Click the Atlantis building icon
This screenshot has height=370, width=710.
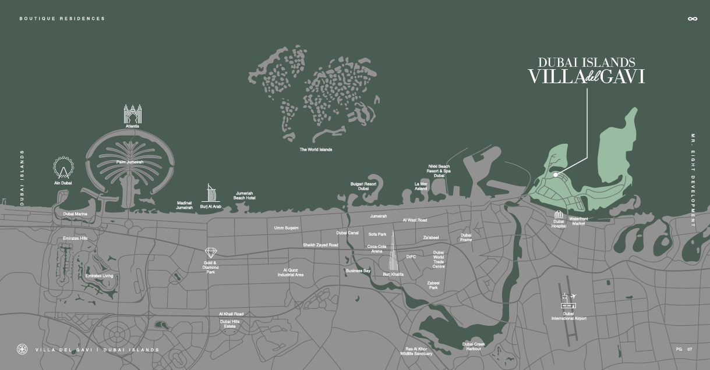(133, 113)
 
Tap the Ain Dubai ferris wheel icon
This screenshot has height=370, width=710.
(62, 168)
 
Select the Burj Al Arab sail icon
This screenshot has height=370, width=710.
(211, 193)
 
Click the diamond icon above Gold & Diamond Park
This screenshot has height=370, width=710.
(211, 252)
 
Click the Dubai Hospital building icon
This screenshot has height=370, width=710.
(559, 214)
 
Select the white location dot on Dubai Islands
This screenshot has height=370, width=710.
(556, 175)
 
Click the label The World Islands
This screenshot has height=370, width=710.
(316, 150)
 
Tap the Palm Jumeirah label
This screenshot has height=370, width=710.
(129, 162)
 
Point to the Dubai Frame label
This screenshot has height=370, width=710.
(466, 237)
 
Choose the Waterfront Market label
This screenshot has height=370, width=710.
(578, 221)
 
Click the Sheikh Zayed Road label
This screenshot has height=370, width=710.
(320, 245)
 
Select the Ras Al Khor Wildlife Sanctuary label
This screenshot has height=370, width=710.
(419, 351)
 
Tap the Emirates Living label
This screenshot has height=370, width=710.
(99, 276)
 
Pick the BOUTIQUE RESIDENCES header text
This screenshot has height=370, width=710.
(62, 19)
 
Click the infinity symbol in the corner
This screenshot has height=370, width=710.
(692, 19)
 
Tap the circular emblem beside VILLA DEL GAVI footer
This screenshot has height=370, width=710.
(22, 350)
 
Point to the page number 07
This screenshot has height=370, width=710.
(690, 350)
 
